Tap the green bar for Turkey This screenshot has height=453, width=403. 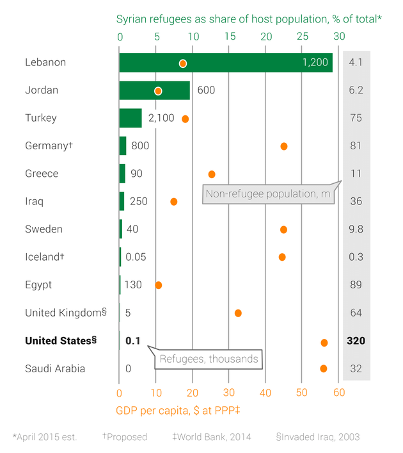pos(130,118)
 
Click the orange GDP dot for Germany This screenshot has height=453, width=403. pos(284,146)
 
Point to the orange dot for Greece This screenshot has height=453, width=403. pos(212,174)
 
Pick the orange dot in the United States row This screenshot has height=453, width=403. pos(324,343)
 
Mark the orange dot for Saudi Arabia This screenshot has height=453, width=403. pos(324,368)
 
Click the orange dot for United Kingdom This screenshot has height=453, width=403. pos(238,313)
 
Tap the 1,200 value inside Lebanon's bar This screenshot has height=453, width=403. pos(315,63)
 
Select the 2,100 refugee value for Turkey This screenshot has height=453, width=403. pos(161,118)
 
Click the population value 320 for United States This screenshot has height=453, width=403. pos(356,341)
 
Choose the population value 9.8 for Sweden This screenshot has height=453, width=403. pos(356,229)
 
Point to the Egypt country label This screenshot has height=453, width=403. pos(38,285)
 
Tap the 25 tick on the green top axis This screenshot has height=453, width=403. pos(302,37)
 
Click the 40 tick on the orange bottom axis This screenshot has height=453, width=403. pos(265,392)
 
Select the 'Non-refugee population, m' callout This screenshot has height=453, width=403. pos(268,194)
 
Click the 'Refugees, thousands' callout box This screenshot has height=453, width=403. pos(209,359)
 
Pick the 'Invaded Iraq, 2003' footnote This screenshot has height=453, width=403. pos(318,437)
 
